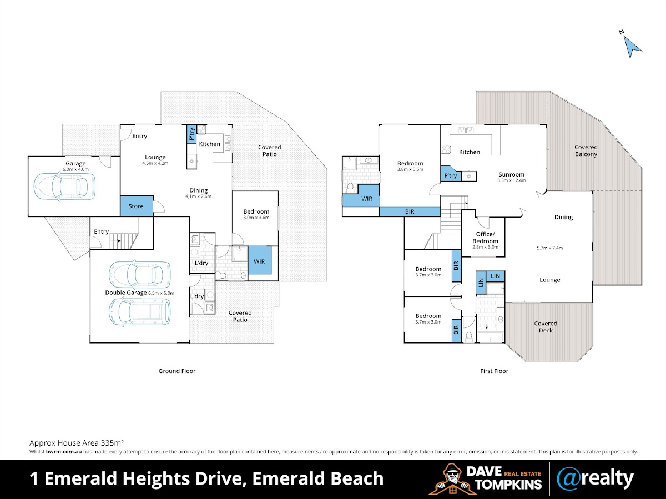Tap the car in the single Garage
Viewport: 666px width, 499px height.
click(64, 187)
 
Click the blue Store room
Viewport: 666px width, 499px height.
click(137, 206)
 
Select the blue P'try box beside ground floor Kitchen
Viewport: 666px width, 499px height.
click(191, 134)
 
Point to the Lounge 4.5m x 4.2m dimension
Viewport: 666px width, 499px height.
click(155, 163)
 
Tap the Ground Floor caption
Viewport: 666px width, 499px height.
click(177, 371)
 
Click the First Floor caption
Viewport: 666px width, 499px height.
click(494, 371)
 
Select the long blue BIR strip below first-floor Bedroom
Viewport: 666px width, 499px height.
click(410, 211)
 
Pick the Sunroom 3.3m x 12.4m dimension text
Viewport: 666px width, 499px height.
click(511, 180)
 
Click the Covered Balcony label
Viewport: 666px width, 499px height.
click(586, 150)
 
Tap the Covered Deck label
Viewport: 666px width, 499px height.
click(546, 327)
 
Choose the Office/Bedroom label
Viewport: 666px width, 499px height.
click(485, 238)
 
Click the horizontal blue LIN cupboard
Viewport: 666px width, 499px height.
click(496, 276)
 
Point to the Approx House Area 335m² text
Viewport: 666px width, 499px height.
click(77, 443)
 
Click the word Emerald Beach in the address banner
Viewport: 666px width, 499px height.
click(318, 478)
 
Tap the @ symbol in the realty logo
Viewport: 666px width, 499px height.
click(568, 478)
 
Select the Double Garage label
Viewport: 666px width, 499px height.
click(126, 293)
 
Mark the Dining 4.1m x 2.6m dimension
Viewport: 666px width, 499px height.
click(199, 196)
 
